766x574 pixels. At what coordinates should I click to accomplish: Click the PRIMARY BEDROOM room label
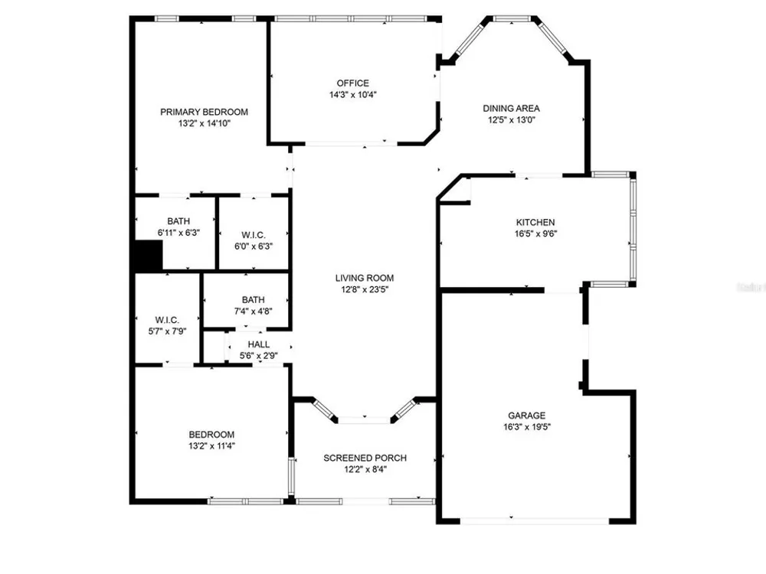(x=205, y=112)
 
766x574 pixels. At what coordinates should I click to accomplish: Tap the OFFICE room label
(x=352, y=83)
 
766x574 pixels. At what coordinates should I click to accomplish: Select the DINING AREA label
(x=512, y=109)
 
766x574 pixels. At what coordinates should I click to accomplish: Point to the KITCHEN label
(x=535, y=222)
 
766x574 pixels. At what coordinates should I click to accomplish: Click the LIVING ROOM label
(x=365, y=278)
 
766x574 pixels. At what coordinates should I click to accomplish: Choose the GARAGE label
(x=527, y=416)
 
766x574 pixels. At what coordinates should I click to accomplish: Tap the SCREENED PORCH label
(x=365, y=458)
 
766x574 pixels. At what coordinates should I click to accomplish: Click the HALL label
(x=258, y=344)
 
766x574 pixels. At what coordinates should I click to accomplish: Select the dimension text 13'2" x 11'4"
(x=211, y=445)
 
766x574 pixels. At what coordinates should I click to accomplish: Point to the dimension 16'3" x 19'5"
(x=527, y=427)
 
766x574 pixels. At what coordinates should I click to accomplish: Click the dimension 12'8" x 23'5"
(x=365, y=289)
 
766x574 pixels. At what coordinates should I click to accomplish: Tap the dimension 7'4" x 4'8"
(x=253, y=311)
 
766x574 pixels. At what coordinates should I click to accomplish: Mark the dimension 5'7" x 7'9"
(x=168, y=331)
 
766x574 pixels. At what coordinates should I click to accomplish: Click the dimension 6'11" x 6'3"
(x=178, y=233)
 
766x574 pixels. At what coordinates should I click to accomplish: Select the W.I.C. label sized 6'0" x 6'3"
(x=254, y=235)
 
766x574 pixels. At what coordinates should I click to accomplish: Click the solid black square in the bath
(x=148, y=256)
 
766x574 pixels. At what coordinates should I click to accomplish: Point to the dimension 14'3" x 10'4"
(x=352, y=95)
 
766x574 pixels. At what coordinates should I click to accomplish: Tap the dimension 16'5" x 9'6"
(x=536, y=233)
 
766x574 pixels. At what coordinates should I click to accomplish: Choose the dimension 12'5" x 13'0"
(x=512, y=120)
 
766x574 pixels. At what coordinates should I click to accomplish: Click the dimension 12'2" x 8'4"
(x=365, y=470)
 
